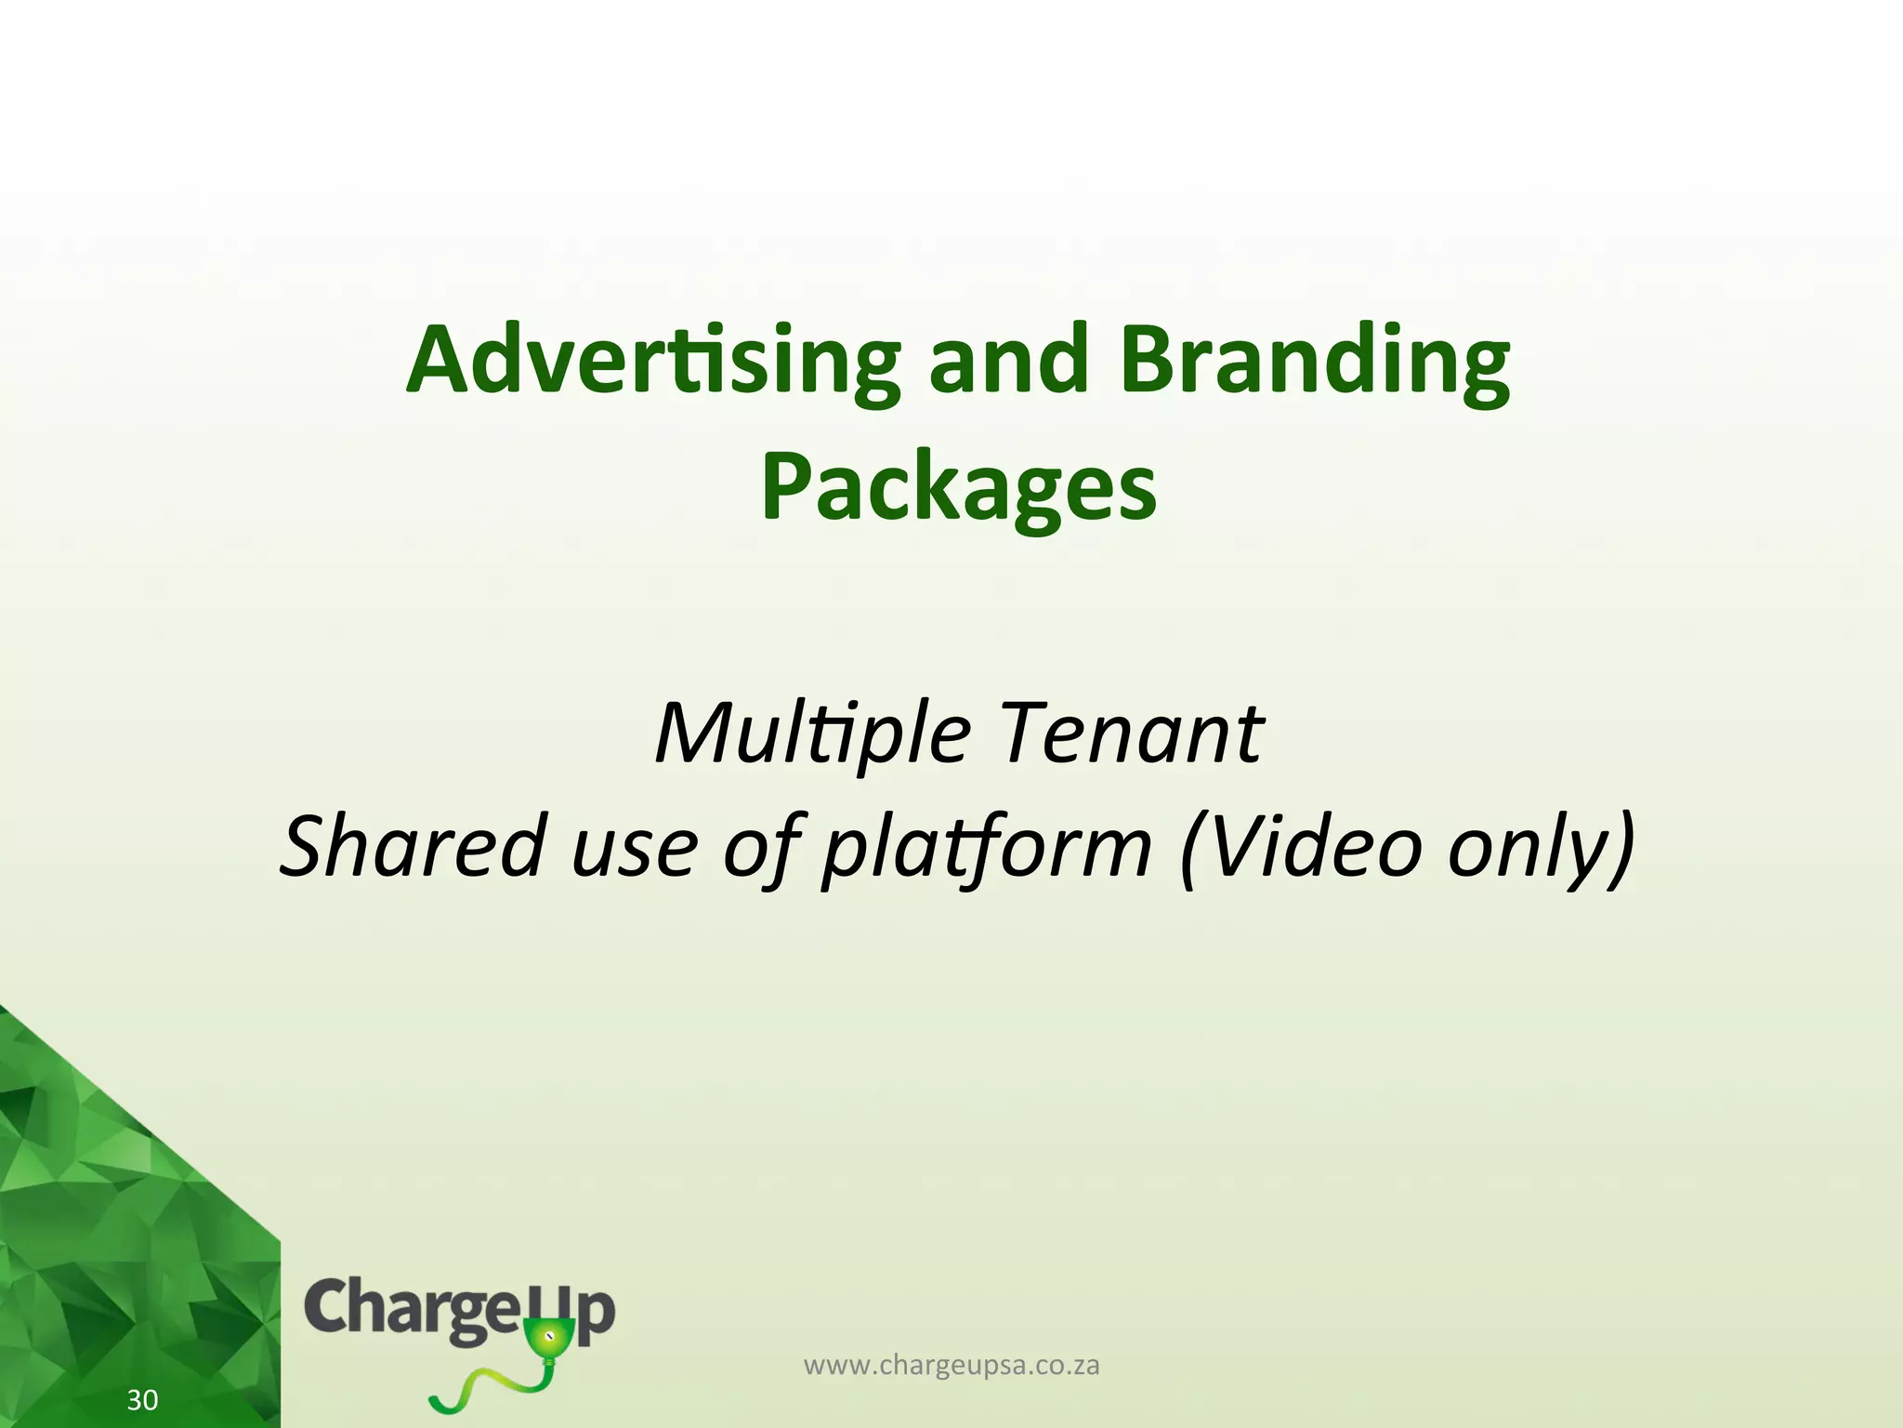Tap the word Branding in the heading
coord(1315,363)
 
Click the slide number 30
coord(142,1400)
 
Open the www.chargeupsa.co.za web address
coord(951,1366)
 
